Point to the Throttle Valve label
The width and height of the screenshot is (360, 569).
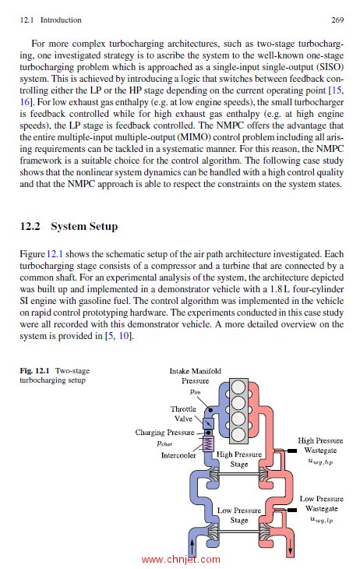coord(183,413)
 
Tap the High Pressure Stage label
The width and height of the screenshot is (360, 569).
coord(239,459)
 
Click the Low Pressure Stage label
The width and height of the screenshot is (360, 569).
coord(239,515)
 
